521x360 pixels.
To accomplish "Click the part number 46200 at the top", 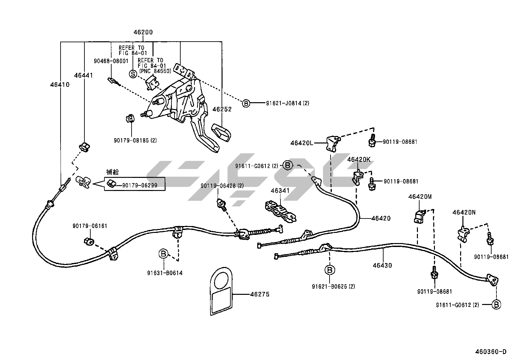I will tap(143, 32).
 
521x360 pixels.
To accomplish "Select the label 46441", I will tap(83, 75).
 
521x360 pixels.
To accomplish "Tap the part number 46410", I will tap(60, 85).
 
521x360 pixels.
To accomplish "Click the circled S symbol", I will tap(133, 74).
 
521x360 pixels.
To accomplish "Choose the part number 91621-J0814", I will tap(283, 103).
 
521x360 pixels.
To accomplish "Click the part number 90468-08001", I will tap(111, 61).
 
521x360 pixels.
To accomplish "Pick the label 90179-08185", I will tap(135, 141).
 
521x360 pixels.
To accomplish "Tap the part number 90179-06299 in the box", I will tap(140, 185).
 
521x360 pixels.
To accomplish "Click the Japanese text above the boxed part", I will tap(113, 172).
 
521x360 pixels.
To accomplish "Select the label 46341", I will tap(280, 190).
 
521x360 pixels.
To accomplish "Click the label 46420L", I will tap(302, 143).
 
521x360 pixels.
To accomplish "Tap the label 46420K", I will tap(359, 160).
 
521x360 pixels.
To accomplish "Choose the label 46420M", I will tap(420, 197).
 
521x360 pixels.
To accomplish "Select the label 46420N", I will tap(464, 212).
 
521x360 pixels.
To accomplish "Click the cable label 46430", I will tap(382, 265).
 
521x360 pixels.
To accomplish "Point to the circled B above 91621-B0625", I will tap(330, 270).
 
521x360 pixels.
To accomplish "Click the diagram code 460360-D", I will tap(491, 352).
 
